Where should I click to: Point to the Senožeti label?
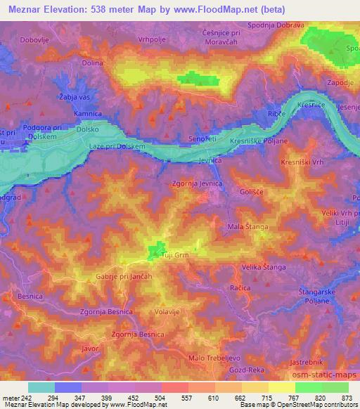(202, 140)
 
